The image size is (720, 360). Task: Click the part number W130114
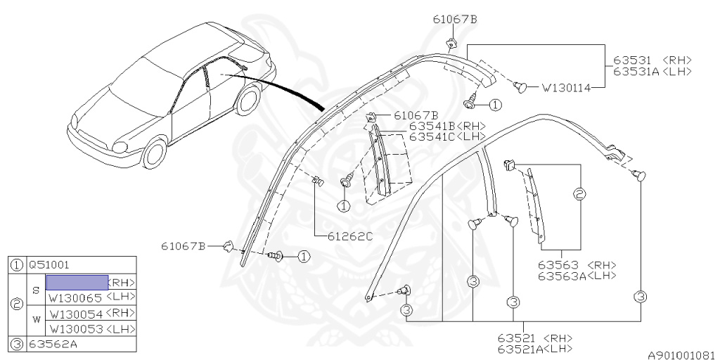pyautogui.click(x=565, y=89)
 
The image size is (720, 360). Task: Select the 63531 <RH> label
pyautogui.click(x=652, y=60)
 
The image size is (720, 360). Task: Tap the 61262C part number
pyautogui.click(x=349, y=236)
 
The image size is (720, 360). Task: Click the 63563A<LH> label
pyautogui.click(x=577, y=276)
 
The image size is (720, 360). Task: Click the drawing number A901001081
pyautogui.click(x=681, y=355)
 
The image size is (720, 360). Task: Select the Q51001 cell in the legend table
pyautogui.click(x=49, y=265)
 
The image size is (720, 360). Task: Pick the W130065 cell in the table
pyautogui.click(x=75, y=297)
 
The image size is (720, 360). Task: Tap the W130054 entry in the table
pyautogui.click(x=75, y=313)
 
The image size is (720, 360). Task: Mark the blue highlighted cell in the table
pyautogui.click(x=77, y=282)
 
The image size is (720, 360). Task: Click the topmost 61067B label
pyautogui.click(x=455, y=19)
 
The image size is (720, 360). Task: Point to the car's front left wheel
pyautogui.click(x=153, y=153)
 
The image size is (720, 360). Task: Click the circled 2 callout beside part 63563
pyautogui.click(x=580, y=194)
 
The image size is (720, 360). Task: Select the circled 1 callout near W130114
pyautogui.click(x=496, y=105)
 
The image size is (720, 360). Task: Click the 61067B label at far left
pyautogui.click(x=183, y=245)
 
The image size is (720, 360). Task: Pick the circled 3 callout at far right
pyautogui.click(x=641, y=297)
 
